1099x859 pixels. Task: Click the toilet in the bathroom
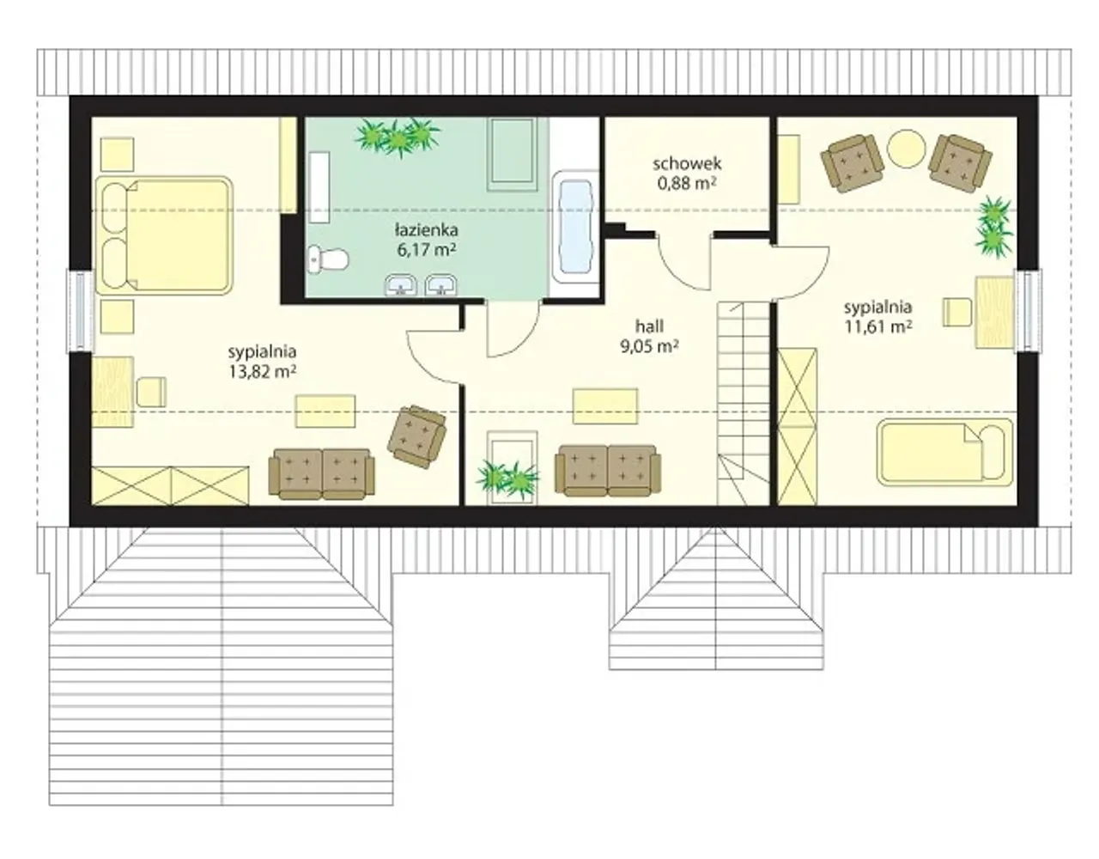click(x=327, y=260)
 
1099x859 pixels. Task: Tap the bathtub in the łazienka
click(x=575, y=227)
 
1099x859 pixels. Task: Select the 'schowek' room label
click(x=687, y=164)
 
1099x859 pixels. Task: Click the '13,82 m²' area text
click(x=262, y=372)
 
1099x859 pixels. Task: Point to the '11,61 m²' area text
click(x=878, y=326)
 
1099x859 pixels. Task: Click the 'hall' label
click(x=649, y=326)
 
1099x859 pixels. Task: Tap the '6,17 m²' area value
click(x=427, y=250)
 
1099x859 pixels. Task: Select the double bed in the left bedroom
click(x=164, y=235)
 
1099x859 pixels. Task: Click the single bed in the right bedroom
click(x=945, y=452)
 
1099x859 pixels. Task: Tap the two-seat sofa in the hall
click(x=607, y=471)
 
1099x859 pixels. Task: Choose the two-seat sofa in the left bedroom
click(x=322, y=474)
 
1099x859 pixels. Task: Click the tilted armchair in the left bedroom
click(x=416, y=436)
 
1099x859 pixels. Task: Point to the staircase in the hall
click(x=743, y=403)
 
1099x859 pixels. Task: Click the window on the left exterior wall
click(x=81, y=311)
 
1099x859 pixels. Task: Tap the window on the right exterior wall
click(x=1027, y=310)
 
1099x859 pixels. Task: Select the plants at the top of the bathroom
click(x=398, y=137)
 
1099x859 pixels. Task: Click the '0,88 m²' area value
click(x=686, y=183)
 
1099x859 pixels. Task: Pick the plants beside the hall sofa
click(x=507, y=478)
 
